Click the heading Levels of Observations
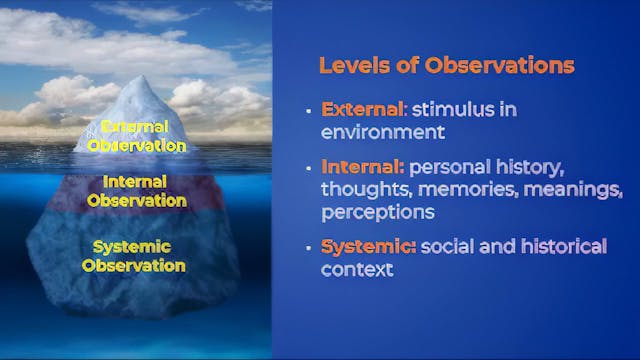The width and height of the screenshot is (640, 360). click(446, 66)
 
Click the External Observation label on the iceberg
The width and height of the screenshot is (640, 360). click(136, 136)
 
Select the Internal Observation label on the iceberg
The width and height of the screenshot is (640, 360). click(136, 191)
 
